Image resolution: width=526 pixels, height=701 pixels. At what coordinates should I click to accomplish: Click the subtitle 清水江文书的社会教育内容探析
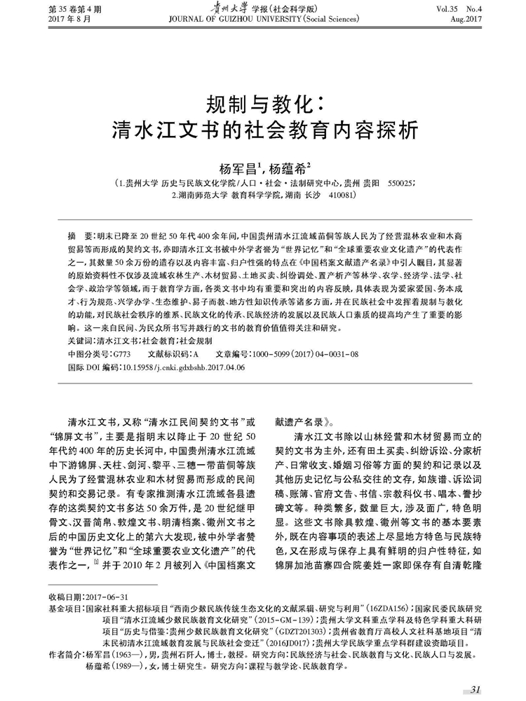click(x=264, y=131)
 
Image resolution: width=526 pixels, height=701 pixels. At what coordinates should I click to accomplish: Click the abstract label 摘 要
click(x=78, y=235)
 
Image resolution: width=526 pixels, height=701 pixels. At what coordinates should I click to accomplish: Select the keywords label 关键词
click(x=79, y=340)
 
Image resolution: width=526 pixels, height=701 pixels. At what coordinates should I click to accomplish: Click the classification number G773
click(x=122, y=353)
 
